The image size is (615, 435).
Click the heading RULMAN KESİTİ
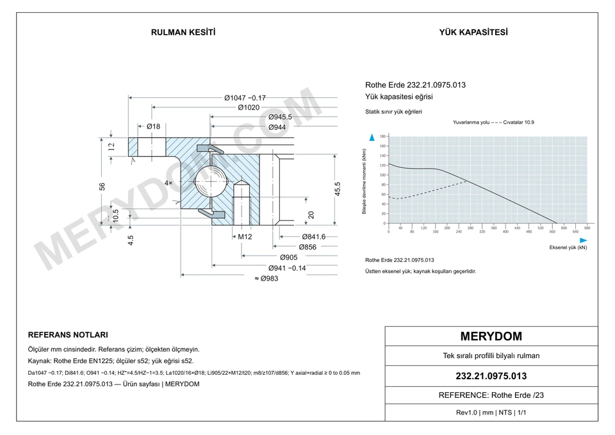point(183,33)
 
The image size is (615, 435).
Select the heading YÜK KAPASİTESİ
point(473,33)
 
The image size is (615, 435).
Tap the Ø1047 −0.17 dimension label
point(245,97)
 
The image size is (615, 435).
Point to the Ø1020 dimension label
point(249,108)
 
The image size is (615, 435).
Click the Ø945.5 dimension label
point(280,117)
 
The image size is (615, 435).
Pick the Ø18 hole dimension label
point(153,126)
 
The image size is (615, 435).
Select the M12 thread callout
point(245,236)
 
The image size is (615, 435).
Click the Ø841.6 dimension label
point(314,236)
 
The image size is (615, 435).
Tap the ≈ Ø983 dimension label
point(266,279)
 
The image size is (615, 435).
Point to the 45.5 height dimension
point(338,188)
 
